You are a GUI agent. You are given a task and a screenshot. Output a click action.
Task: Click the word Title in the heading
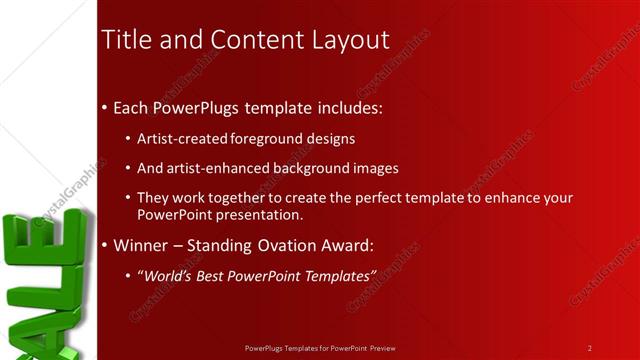point(126,40)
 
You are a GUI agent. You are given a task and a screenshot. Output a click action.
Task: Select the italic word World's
point(166,274)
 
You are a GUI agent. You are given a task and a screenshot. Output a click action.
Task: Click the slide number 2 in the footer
point(590,348)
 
